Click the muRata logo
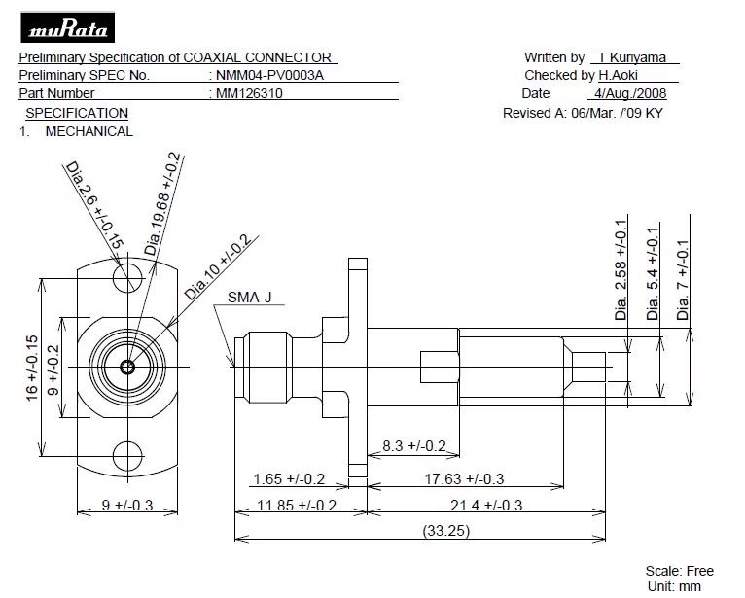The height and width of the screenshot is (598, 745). tap(67, 27)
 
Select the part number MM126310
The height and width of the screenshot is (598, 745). tap(249, 93)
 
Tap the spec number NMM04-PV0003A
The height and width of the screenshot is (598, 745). tap(269, 75)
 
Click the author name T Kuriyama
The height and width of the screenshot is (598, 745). tap(632, 57)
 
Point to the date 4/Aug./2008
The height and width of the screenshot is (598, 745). tap(630, 93)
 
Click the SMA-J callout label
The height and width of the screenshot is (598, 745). tap(249, 298)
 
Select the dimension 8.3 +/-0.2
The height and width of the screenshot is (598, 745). tap(414, 446)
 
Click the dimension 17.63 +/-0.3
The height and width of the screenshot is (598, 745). tap(464, 478)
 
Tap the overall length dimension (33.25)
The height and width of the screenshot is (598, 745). tap(446, 531)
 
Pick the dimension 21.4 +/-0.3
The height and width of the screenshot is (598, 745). tap(486, 505)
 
